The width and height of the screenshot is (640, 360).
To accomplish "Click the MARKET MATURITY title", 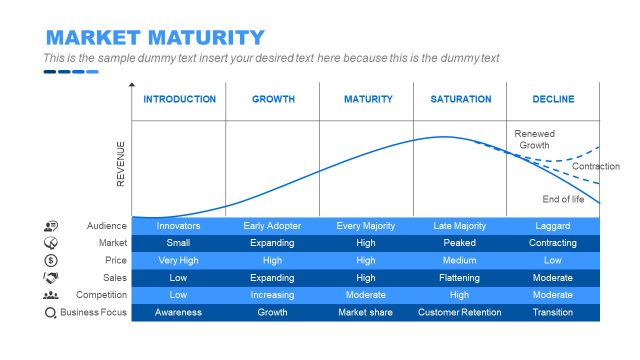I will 155,38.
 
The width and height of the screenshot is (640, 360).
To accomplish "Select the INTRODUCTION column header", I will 179,99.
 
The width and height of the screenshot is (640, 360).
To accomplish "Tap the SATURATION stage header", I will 461,99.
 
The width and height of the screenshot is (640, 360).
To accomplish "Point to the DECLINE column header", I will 553,99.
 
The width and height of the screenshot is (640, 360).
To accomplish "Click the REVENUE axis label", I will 121,163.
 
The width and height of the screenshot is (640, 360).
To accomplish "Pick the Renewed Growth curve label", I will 533,139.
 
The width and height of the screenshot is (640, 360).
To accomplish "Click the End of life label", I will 563,199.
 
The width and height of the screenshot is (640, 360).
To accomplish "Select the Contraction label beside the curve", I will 595,166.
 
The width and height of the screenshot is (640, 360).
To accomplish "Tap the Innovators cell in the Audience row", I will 178,226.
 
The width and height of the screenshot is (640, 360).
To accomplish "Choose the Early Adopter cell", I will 272,226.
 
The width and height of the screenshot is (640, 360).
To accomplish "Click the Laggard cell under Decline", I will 553,226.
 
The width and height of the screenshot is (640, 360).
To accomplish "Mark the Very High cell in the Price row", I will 178,260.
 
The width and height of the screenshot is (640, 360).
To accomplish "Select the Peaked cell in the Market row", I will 459,243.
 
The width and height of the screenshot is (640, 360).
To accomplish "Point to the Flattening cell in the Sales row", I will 459,277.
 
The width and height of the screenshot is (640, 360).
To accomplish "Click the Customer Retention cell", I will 459,312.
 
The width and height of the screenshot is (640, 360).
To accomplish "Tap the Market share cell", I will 366,312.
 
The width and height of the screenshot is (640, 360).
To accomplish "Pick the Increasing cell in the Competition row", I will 272,295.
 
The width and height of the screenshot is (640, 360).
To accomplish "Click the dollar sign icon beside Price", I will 51,260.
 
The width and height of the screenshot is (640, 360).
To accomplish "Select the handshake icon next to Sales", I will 51,277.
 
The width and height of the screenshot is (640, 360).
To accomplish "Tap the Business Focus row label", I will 93,312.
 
